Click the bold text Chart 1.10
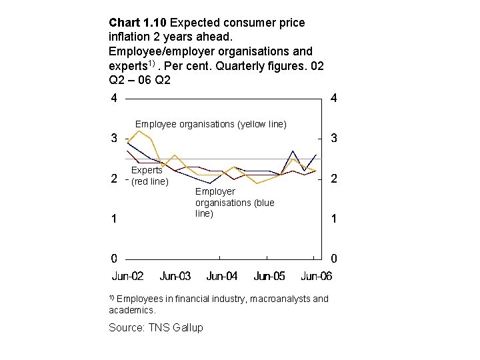point(137,23)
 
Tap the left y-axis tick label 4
point(114,99)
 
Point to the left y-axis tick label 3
point(114,139)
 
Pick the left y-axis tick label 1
point(114,219)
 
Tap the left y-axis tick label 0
point(114,258)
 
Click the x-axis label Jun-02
point(127,276)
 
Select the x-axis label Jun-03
point(175,276)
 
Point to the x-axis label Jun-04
point(222,276)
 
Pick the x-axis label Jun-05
point(269,276)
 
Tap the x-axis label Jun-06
point(316,276)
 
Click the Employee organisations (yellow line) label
point(211,124)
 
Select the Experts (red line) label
point(149,176)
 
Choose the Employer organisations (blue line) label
point(234,202)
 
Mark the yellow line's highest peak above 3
point(138,130)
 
